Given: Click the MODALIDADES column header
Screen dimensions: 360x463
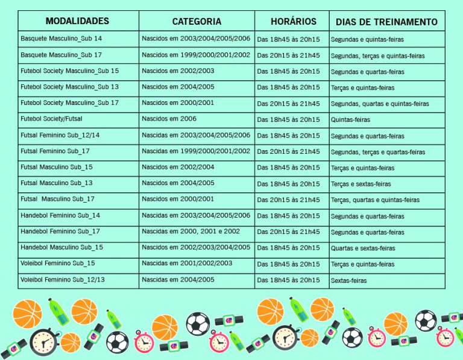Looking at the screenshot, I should [77, 21].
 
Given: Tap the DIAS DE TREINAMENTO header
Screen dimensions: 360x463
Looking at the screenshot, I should [386, 22].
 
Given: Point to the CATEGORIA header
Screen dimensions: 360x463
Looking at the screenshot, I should [197, 22].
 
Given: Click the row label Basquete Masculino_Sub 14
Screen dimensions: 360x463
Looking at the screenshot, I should [61, 39].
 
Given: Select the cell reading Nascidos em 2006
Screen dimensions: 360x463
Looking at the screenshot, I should [169, 119].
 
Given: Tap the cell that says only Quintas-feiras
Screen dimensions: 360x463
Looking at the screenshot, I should [350, 120].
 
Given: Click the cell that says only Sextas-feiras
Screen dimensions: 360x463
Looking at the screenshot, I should [348, 280].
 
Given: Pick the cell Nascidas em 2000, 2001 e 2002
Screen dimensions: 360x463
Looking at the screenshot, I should [191, 232].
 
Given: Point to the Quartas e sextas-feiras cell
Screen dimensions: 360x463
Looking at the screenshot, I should [363, 248].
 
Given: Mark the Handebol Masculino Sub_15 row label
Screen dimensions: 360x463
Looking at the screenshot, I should [61, 247].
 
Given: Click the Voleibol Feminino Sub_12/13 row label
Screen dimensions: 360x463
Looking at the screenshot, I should [62, 280].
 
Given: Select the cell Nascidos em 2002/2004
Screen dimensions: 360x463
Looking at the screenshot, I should [178, 167].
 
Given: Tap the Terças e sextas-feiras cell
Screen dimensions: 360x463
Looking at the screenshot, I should [361, 184].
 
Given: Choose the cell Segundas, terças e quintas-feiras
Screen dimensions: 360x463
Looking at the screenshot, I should [377, 55].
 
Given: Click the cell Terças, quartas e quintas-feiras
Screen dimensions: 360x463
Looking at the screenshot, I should [375, 200].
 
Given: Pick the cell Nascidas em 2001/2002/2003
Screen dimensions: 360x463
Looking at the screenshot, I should [187, 264].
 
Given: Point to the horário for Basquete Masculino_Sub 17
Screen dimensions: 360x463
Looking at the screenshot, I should [288, 55].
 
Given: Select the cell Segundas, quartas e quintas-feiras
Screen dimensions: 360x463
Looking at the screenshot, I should [380, 104].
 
